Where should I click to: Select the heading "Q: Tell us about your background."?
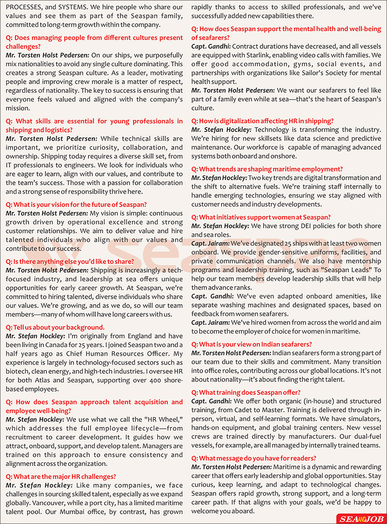[55, 327]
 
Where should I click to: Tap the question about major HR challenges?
[61, 476]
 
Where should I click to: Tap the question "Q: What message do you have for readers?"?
[253, 458]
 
